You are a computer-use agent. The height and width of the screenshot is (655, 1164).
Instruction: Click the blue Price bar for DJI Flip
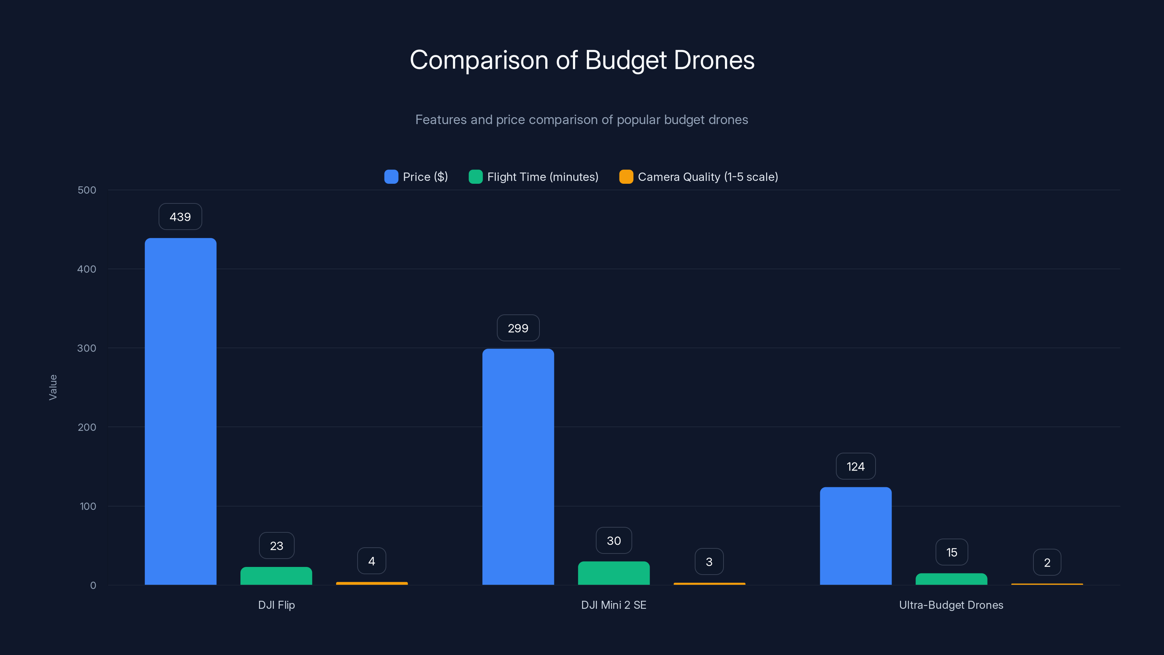pos(180,411)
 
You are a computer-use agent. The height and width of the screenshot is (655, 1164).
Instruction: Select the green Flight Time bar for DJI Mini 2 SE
pos(614,573)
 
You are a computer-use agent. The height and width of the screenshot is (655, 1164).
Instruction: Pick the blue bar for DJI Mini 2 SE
pos(518,467)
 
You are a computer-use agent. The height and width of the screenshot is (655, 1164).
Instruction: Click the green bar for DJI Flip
pos(276,576)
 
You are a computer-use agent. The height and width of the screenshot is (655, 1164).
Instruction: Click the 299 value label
pos(518,328)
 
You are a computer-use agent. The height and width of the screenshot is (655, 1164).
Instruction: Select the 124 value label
pos(856,467)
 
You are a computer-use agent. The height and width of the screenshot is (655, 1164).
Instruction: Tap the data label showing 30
pos(614,541)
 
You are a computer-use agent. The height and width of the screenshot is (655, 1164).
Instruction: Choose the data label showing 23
pos(276,545)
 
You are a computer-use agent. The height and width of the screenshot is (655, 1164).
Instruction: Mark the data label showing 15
pos(951,552)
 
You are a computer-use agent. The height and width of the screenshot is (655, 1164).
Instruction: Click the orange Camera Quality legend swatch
pos(626,177)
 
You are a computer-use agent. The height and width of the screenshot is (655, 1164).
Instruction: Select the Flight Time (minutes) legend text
pos(542,177)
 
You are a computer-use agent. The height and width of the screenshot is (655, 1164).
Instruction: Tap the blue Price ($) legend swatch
pos(391,177)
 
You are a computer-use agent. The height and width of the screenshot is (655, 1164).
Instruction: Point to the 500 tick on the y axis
pos(87,190)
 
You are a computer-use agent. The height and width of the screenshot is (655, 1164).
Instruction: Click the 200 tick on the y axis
pos(87,427)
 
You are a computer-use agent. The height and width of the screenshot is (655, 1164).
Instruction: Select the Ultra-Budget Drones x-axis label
pos(951,605)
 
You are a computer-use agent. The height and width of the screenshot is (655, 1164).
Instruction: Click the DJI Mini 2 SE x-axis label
pos(614,605)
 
